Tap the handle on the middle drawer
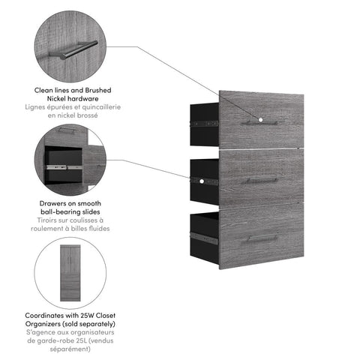click(x=261, y=180)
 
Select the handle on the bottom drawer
click(x=261, y=238)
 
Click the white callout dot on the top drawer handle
click(x=259, y=119)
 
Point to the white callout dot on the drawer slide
click(x=202, y=181)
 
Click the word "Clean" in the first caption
click(x=46, y=89)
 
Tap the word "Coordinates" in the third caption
click(x=44, y=316)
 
